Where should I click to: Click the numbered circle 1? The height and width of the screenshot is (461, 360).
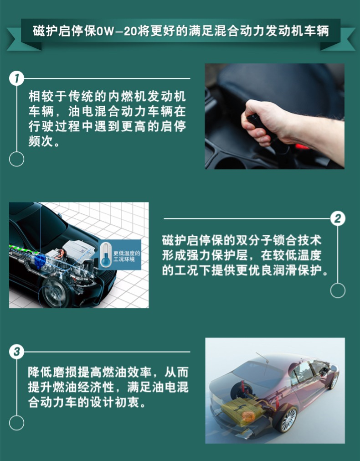coord(16,78)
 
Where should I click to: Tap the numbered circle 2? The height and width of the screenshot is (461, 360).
coord(338,218)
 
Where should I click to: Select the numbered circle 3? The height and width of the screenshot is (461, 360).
coord(16,352)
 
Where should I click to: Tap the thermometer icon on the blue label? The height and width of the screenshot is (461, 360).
coord(106,254)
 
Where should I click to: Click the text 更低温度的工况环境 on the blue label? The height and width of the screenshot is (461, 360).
coord(127,256)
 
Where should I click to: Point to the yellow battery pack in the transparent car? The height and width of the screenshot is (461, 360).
coord(242,410)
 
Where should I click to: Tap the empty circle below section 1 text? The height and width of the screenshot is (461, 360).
coord(16,159)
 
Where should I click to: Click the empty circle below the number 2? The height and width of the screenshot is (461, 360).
coord(338,290)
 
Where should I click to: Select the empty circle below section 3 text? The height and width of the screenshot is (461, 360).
coord(16,423)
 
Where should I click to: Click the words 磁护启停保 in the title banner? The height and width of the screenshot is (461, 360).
coord(64,31)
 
